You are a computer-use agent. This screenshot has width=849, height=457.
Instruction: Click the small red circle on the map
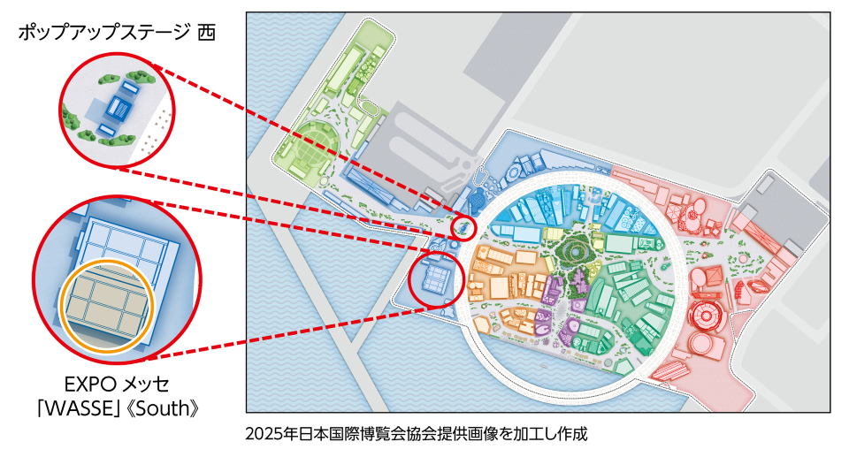click(463, 228)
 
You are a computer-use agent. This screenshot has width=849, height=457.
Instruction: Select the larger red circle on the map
click(437, 280)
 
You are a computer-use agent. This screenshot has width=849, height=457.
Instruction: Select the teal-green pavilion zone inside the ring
click(632, 301)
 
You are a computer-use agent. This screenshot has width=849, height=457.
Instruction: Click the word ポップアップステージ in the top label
click(102, 33)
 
